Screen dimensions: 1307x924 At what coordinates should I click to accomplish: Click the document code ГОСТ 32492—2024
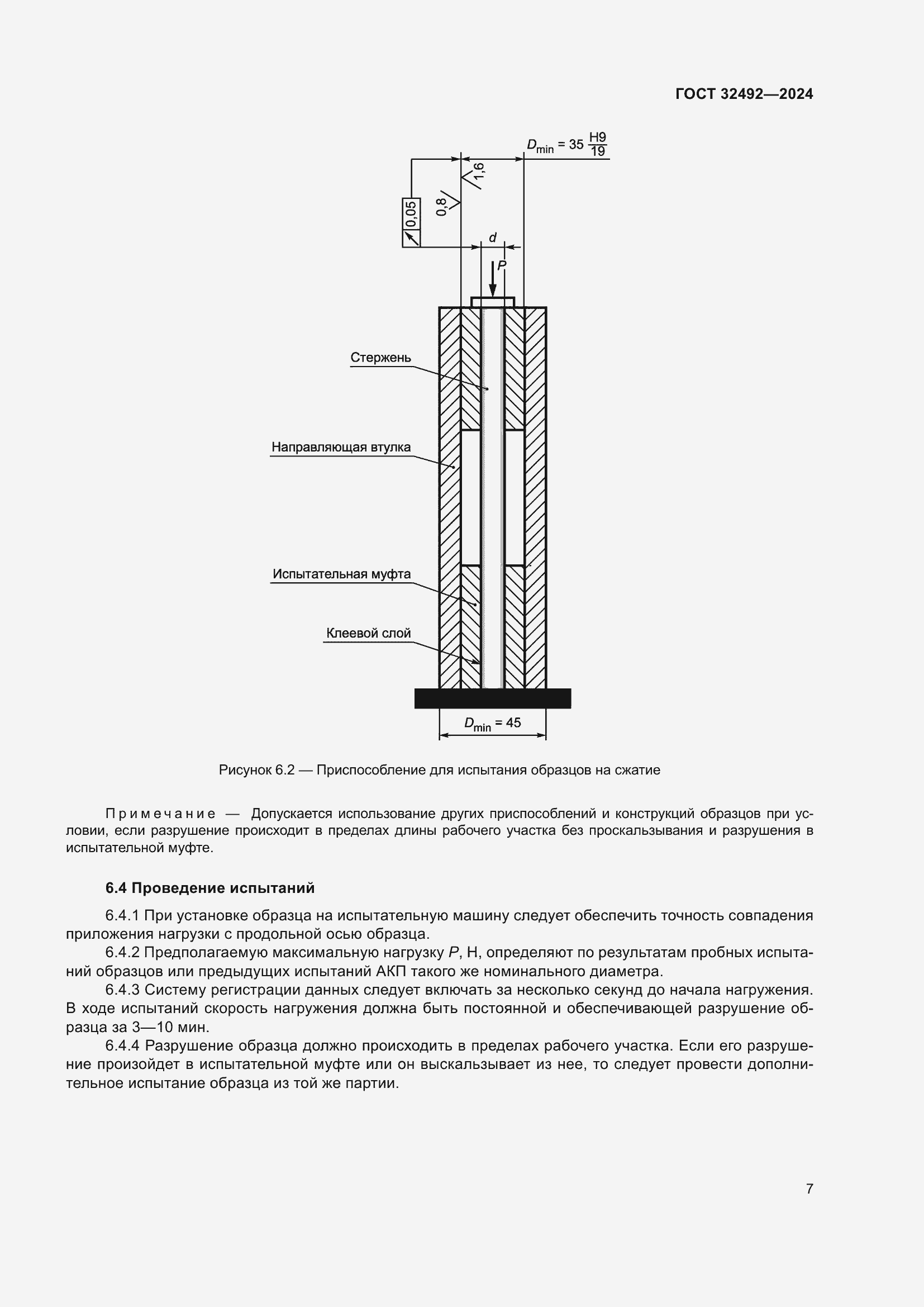[x=744, y=94]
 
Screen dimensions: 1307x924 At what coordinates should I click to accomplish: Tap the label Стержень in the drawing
[x=380, y=358]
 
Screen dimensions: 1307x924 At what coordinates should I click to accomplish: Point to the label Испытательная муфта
[x=341, y=574]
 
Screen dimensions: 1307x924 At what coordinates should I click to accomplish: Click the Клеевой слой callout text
[x=368, y=633]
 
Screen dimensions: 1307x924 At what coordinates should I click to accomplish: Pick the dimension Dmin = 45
[x=492, y=723]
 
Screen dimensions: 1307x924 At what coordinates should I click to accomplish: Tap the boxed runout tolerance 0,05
[x=411, y=214]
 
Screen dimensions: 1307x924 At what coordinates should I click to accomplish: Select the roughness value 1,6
[x=479, y=175]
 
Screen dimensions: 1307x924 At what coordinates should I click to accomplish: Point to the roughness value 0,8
[x=442, y=207]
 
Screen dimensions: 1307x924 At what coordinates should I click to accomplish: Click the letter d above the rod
[x=493, y=237]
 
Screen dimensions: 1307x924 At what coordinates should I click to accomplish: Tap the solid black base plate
[x=492, y=698]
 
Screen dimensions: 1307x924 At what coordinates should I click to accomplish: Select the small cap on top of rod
[x=492, y=301]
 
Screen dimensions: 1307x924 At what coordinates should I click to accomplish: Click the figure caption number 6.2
[x=284, y=770]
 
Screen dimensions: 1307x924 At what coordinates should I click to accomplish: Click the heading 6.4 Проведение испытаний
[x=209, y=888]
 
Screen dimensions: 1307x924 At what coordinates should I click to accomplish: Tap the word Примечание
[x=160, y=814]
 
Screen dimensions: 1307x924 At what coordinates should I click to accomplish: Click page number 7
[x=809, y=1189]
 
